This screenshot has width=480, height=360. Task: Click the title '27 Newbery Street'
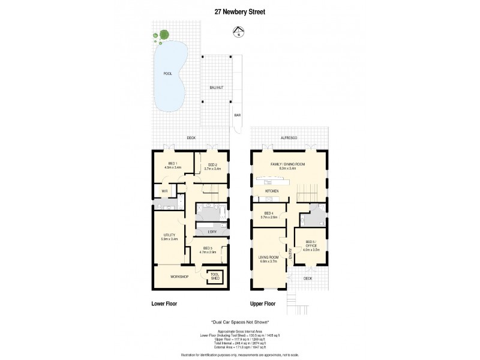tap(240, 10)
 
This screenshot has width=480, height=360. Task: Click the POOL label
tap(167, 74)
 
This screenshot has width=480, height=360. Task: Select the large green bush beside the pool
tap(163, 36)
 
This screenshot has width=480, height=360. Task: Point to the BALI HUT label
tap(217, 88)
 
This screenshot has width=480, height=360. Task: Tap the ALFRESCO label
tap(290, 138)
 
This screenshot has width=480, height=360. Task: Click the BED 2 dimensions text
tap(212, 169)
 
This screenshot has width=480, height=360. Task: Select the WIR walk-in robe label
tap(164, 191)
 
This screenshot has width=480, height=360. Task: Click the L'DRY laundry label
tap(212, 232)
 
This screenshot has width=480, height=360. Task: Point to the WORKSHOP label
tap(179, 277)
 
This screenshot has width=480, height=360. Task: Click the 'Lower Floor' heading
tap(163, 304)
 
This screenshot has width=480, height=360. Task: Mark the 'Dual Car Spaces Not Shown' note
tap(240, 322)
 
